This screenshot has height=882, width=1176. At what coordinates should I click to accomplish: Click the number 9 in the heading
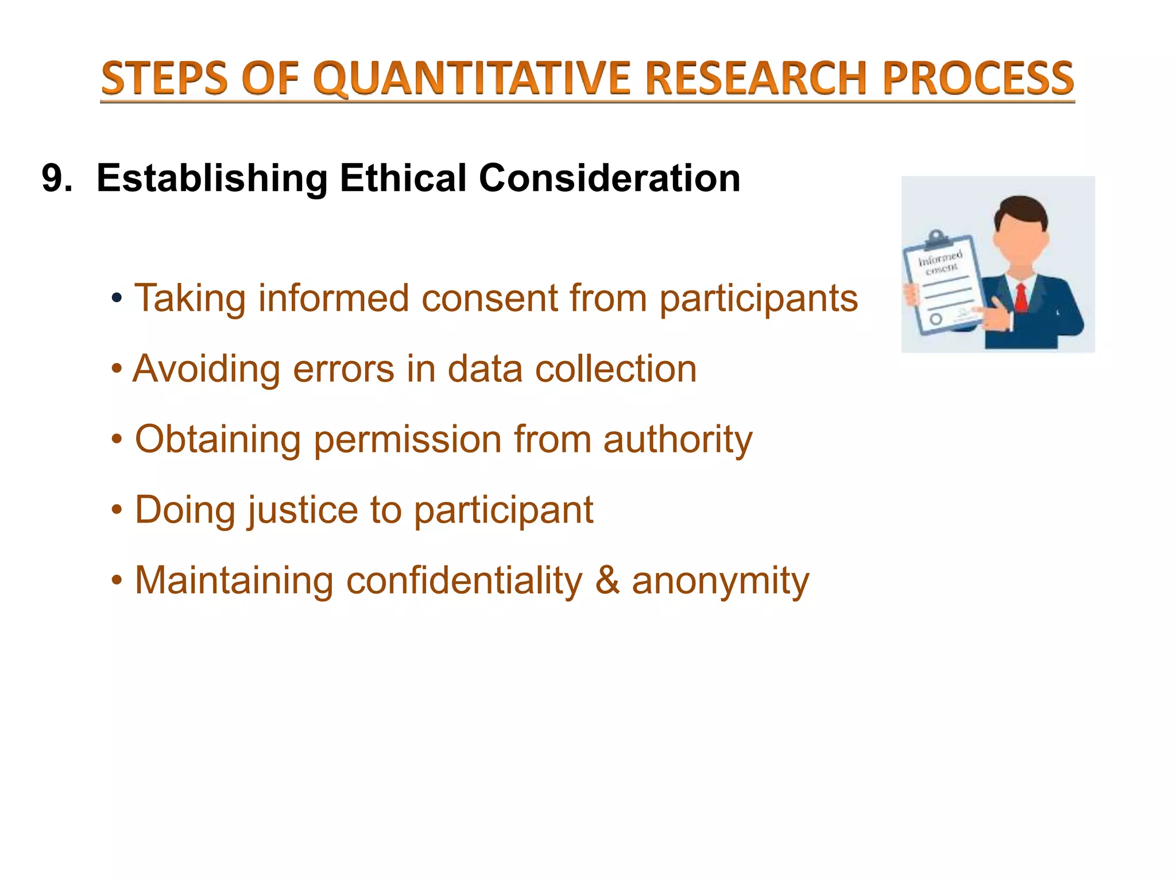[x=52, y=179]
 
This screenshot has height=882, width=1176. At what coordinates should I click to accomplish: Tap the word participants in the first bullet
[x=758, y=300]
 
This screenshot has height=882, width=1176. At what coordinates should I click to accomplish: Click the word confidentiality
[x=464, y=581]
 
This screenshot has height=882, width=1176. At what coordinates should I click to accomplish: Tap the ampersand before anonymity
[x=607, y=581]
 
